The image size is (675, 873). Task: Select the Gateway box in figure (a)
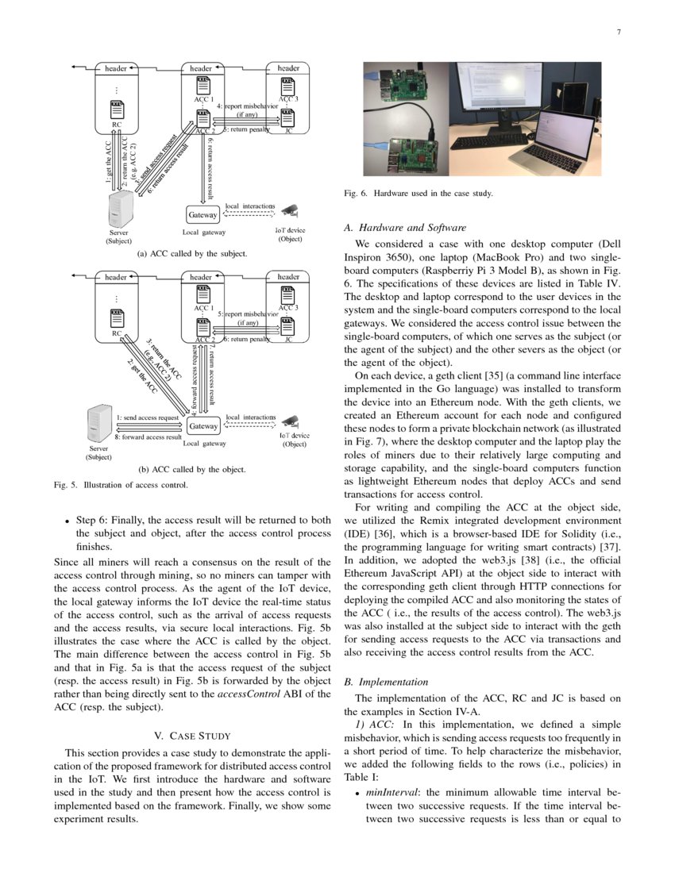click(x=202, y=215)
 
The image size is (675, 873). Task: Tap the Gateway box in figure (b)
click(x=203, y=426)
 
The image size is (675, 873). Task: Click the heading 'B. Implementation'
click(x=388, y=682)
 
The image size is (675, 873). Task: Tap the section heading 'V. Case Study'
click(x=192, y=736)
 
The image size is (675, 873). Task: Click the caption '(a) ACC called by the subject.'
click(x=192, y=254)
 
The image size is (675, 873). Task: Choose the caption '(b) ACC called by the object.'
click(x=192, y=469)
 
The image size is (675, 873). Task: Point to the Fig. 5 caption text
click(x=120, y=485)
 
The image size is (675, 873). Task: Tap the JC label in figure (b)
click(x=288, y=340)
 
